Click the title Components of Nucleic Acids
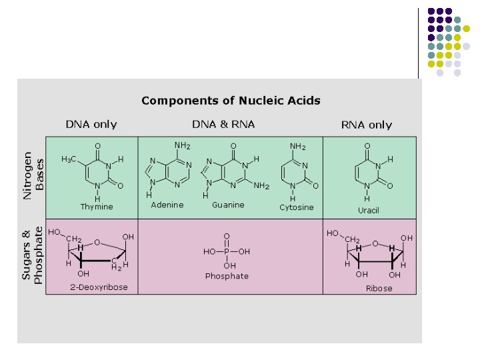pyautogui.click(x=231, y=101)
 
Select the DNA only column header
pyautogui.click(x=91, y=124)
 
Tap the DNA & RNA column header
pyautogui.click(x=223, y=124)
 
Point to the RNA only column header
pyautogui.click(x=367, y=125)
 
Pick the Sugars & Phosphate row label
pyautogui.click(x=32, y=255)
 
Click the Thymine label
pyautogui.click(x=97, y=207)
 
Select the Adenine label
pyautogui.click(x=167, y=205)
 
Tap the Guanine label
pyautogui.click(x=228, y=205)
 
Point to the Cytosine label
pyautogui.click(x=296, y=207)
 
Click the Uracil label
pyautogui.click(x=369, y=210)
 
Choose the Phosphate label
pyautogui.click(x=227, y=276)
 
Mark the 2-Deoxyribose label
pyautogui.click(x=99, y=287)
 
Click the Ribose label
pyautogui.click(x=379, y=289)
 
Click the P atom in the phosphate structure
pyautogui.click(x=227, y=252)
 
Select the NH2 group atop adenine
pyautogui.click(x=182, y=145)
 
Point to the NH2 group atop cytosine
pyautogui.click(x=297, y=146)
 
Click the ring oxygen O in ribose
pyautogui.click(x=375, y=243)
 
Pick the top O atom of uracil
pyautogui.click(x=367, y=145)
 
